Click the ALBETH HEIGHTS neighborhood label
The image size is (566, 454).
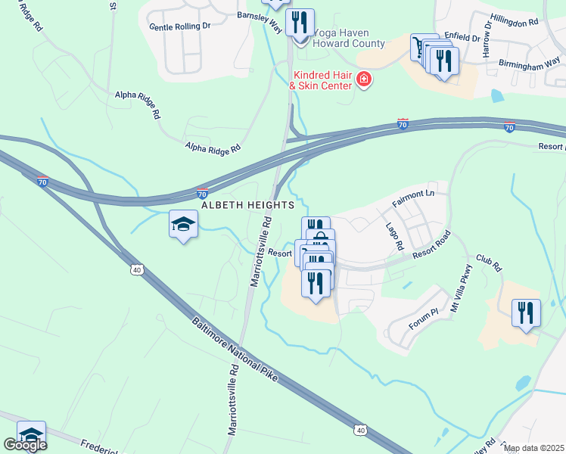point(247,206)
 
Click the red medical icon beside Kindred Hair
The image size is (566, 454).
point(364,79)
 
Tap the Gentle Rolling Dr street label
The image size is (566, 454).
point(179,26)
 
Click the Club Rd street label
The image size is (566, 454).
point(489,262)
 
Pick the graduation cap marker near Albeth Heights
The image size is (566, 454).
point(183,224)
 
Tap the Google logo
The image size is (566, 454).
point(24,445)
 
